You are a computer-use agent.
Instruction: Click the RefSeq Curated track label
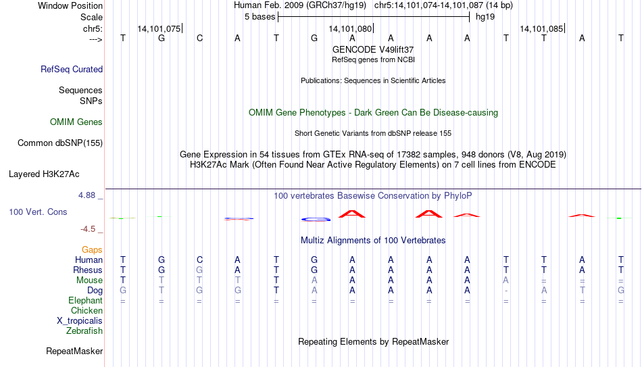tap(72, 69)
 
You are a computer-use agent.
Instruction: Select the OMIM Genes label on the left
tap(76, 122)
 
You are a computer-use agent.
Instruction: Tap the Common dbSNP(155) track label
tap(60, 143)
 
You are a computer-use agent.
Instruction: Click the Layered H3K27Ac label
tap(44, 174)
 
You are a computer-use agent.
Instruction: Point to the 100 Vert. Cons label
tap(38, 212)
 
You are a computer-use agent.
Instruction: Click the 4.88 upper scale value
tap(87, 195)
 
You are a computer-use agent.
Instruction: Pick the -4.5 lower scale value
tap(88, 229)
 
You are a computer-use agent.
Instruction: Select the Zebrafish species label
tap(84, 331)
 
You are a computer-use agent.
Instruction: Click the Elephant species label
tap(85, 300)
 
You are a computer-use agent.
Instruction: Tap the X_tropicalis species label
tap(80, 321)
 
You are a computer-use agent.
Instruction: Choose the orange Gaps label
tap(92, 250)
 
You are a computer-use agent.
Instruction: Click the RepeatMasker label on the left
tap(74, 351)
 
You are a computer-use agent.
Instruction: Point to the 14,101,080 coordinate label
tap(350, 28)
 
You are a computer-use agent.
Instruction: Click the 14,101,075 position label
tap(159, 28)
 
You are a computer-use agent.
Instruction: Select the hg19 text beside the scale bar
tap(485, 17)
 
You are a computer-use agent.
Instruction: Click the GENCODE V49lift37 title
tap(373, 49)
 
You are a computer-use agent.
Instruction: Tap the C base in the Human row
tap(199, 260)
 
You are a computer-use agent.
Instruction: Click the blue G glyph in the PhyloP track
tap(316, 220)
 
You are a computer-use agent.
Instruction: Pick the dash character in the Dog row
tap(506, 291)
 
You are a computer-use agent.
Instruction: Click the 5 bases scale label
tap(260, 17)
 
